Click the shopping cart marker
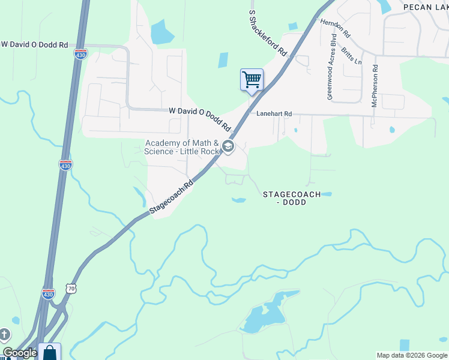tap(252, 80)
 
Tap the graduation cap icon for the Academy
tap(228, 146)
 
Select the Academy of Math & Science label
tap(182, 147)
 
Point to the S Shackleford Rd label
tap(267, 33)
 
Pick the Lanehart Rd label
tap(274, 113)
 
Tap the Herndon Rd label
tap(335, 27)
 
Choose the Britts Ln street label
tap(351, 53)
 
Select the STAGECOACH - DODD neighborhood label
tap(291, 198)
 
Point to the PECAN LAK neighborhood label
tap(426, 7)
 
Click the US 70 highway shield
tap(71, 289)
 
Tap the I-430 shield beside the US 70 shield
tap(49, 293)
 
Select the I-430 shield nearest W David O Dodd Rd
tap(80, 54)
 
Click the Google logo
tap(20, 353)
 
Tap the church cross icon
tap(5, 334)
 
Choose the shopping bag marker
tap(49, 352)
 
